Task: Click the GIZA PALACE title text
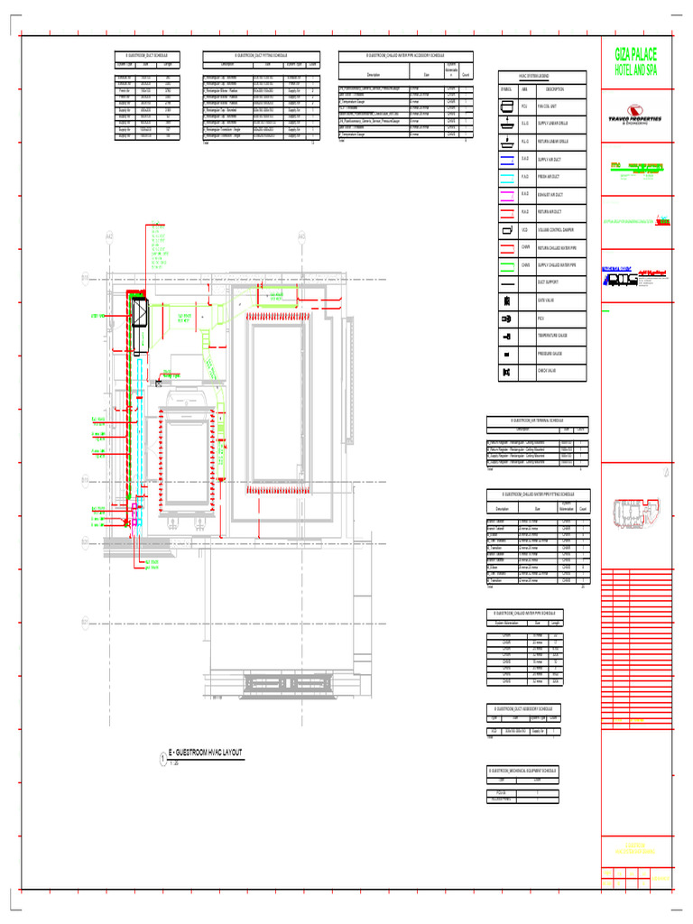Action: pos(637,56)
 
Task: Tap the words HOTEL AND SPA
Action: pos(637,70)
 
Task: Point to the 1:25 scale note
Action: pos(173,763)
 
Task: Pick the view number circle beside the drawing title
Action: pos(162,758)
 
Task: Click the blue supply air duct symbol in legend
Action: pos(505,159)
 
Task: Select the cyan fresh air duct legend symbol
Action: pos(505,176)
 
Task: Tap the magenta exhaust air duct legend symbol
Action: pos(505,194)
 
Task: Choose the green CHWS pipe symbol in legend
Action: pos(505,265)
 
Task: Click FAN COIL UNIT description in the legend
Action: pos(550,106)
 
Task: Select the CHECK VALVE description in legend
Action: pos(550,372)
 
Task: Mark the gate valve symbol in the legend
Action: pos(505,300)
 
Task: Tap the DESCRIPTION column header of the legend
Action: pos(554,89)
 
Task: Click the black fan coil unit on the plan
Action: pos(141,315)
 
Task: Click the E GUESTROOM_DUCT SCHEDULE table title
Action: pos(144,56)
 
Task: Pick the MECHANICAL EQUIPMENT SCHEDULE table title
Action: pos(523,770)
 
